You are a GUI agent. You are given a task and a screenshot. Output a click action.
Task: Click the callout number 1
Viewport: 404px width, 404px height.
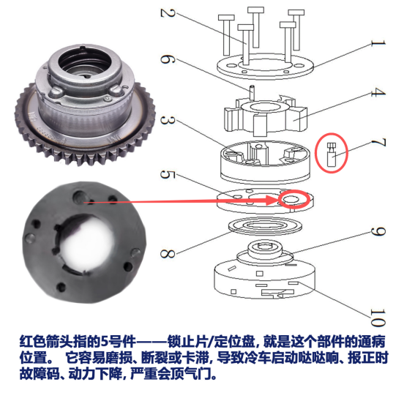coord(378,43)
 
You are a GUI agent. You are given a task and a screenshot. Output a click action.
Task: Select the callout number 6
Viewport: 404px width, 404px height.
coord(168,59)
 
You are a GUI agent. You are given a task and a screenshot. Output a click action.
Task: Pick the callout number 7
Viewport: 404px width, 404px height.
coord(378,143)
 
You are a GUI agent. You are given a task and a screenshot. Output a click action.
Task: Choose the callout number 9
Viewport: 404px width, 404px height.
coord(378,231)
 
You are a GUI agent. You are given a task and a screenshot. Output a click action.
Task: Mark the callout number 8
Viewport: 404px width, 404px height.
coord(168,253)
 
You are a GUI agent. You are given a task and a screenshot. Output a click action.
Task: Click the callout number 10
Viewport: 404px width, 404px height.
coord(378,318)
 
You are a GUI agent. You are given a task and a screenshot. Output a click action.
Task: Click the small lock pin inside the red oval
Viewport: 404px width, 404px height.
coord(332,154)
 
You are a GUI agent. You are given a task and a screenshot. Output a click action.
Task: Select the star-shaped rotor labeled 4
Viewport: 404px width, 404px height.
coord(266,115)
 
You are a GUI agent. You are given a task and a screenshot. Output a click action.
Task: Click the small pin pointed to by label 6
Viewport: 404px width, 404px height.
coord(252,93)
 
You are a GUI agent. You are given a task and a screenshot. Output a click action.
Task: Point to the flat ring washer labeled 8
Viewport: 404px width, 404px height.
coord(266,227)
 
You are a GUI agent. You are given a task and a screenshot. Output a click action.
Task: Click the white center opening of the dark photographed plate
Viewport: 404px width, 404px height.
coord(89,242)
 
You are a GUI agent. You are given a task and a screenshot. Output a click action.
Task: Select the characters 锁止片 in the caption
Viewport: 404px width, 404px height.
coord(187,342)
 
